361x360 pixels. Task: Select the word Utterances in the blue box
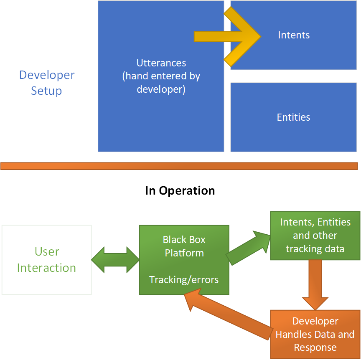click(161, 63)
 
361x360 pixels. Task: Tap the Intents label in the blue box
click(294, 35)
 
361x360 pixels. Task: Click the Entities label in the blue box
click(293, 117)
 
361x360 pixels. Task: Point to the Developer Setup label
click(47, 83)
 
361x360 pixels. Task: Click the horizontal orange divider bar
click(179, 166)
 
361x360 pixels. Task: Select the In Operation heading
click(180, 191)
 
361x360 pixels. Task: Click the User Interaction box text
click(47, 260)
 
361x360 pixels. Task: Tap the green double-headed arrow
click(115, 260)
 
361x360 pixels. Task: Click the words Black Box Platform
click(184, 246)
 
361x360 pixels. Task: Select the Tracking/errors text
click(184, 279)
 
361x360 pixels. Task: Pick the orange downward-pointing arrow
click(315, 284)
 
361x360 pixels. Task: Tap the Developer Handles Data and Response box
click(315, 334)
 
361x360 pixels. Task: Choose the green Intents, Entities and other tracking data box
click(315, 236)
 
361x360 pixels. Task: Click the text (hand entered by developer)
click(161, 83)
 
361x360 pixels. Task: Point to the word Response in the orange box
click(315, 347)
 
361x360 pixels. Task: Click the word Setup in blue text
click(46, 91)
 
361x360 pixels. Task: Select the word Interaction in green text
click(47, 268)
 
